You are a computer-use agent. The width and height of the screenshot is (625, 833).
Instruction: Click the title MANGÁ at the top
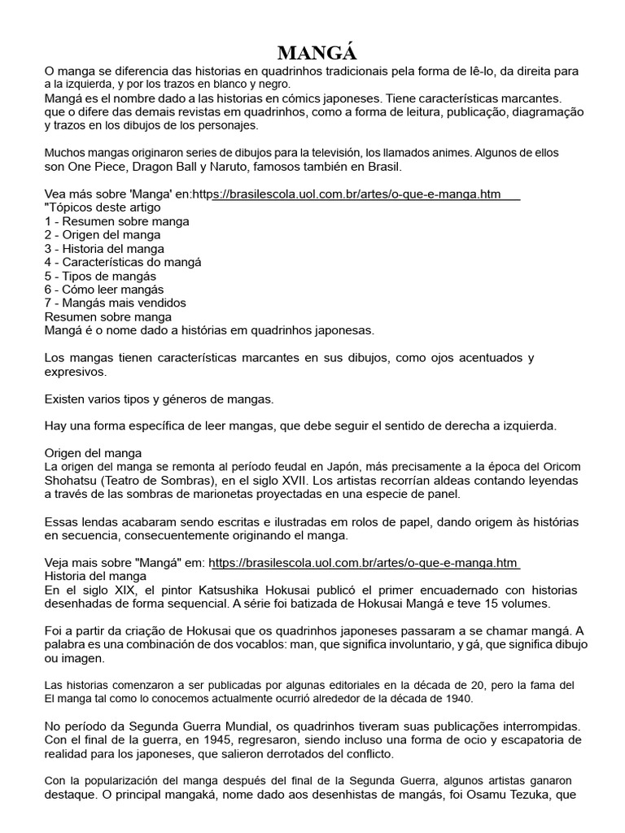pos(317,54)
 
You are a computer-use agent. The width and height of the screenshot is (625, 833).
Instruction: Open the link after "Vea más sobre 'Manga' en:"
pos(365,194)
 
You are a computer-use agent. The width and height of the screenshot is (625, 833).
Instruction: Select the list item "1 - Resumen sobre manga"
pos(117,221)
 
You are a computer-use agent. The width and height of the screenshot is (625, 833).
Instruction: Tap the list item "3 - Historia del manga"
pos(104,249)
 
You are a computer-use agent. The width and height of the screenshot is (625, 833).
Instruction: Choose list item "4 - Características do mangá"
pos(123,262)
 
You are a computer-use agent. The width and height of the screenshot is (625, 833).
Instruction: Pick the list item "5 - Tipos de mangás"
pos(100,276)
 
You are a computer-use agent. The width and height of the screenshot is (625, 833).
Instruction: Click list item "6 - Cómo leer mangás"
pos(104,290)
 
